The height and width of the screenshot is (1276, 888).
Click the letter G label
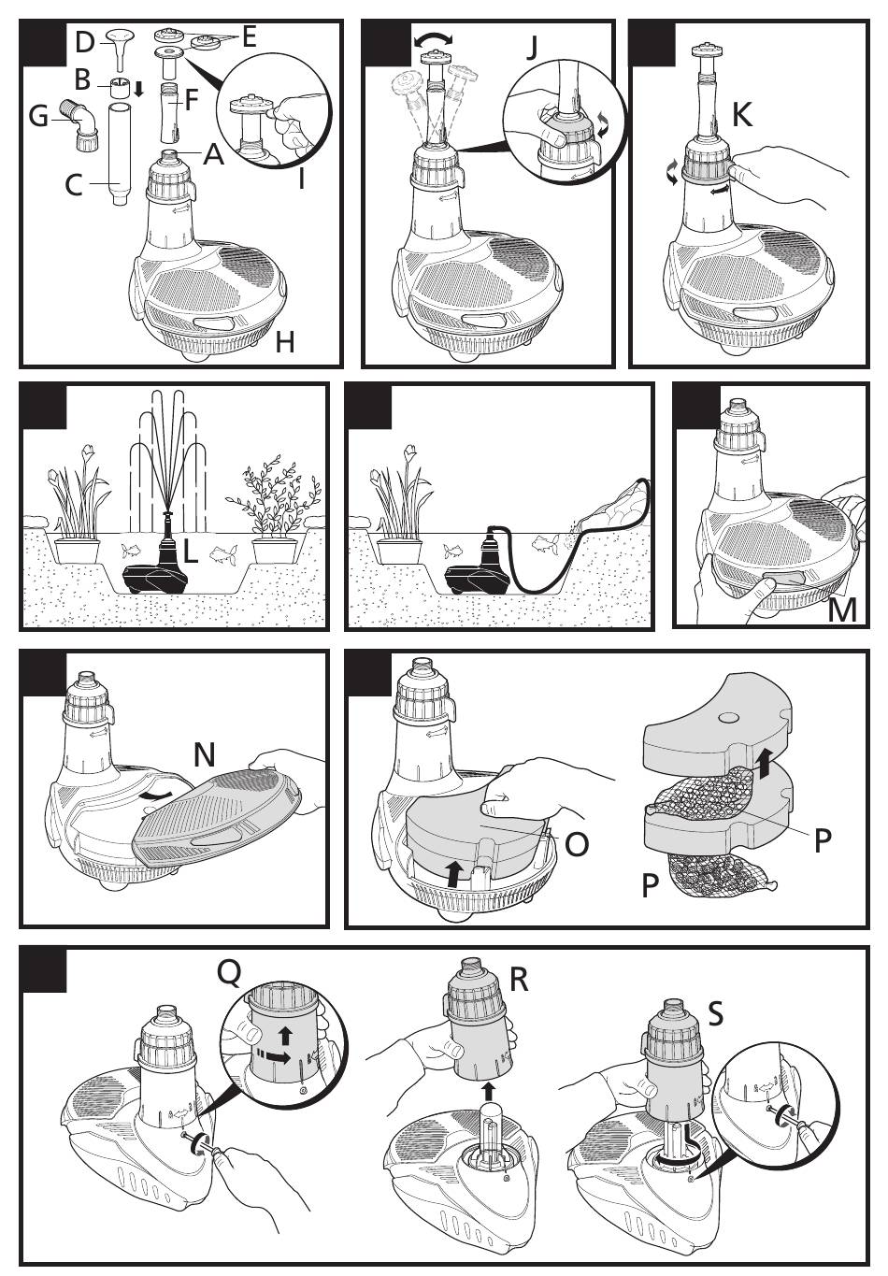click(38, 118)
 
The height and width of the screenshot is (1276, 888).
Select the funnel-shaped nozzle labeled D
click(121, 50)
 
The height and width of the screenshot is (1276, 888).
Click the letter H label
click(285, 342)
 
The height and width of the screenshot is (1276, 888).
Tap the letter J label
click(532, 48)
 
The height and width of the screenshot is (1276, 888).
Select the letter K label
click(741, 114)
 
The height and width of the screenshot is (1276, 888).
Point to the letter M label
click(842, 610)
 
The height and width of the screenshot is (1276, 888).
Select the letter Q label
click(230, 975)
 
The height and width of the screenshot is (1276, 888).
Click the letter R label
click(519, 980)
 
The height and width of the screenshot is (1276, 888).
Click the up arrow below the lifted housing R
click(488, 1075)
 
